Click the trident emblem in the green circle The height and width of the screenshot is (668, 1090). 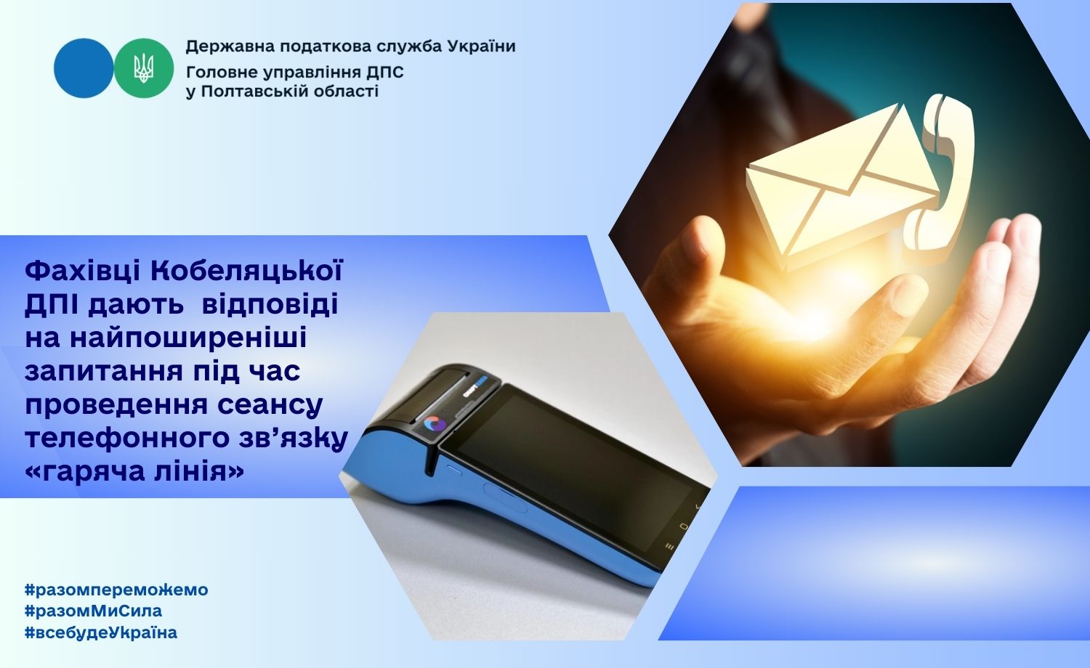pos(144,68)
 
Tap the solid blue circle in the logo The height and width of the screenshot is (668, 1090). pos(84,68)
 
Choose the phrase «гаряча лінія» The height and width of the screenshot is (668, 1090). pos(134,470)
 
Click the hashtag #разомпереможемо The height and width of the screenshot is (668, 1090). pos(116,590)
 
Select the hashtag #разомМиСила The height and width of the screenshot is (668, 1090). pos(94,611)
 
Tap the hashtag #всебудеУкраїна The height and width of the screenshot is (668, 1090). pos(101,632)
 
